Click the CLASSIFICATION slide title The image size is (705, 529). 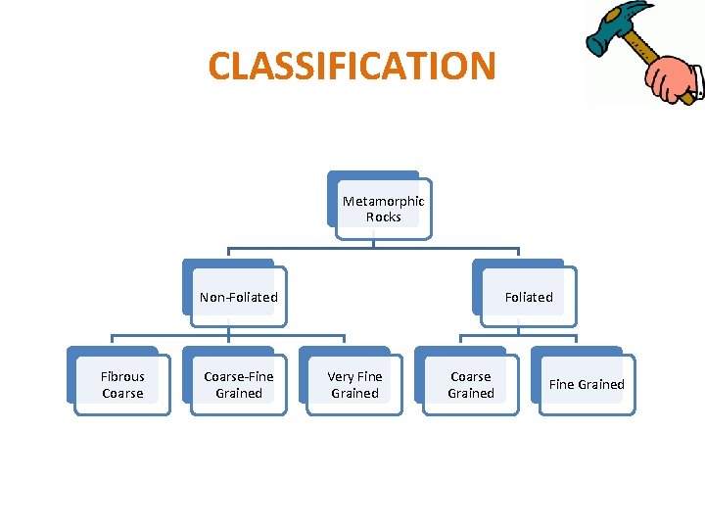pos(352,67)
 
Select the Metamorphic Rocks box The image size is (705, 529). pos(383,209)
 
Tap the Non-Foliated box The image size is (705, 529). pos(238,297)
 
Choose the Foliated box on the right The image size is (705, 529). pos(528,297)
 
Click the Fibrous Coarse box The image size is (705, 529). pos(122,385)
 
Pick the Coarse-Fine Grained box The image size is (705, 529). pos(238,385)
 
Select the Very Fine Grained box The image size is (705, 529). pos(354,385)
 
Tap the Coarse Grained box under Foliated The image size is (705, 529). pos(470,385)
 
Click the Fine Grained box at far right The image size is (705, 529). pos(587,385)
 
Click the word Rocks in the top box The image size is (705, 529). pos(383,217)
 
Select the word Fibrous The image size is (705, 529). pos(122,376)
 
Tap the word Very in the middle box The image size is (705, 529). pos(341,376)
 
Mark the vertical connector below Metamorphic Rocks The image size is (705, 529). pos(374,237)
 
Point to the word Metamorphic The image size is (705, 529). pos(383,201)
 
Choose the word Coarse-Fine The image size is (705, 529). pos(238,376)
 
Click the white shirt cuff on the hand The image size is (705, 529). pos(694,77)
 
